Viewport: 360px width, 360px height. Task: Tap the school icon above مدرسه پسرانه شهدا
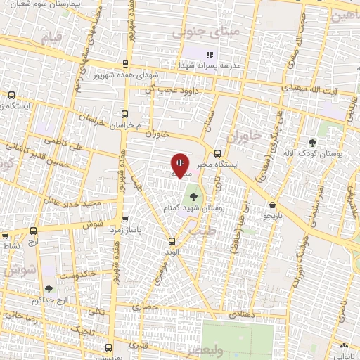(x=208, y=55)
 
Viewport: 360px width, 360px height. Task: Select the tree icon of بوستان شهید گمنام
(x=193, y=187)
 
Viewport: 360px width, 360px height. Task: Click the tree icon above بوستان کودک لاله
(x=313, y=143)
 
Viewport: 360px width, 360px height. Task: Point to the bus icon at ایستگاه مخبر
(x=217, y=153)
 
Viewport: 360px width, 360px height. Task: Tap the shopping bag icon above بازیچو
(x=272, y=205)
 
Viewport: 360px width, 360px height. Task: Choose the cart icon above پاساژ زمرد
(x=125, y=219)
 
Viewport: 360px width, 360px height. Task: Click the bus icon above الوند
(x=172, y=241)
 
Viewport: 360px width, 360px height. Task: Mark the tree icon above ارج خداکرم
(x=49, y=289)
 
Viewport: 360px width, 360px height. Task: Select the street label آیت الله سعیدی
(x=314, y=91)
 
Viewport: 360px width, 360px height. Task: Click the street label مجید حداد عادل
(x=72, y=203)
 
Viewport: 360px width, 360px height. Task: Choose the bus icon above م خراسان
(x=124, y=113)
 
